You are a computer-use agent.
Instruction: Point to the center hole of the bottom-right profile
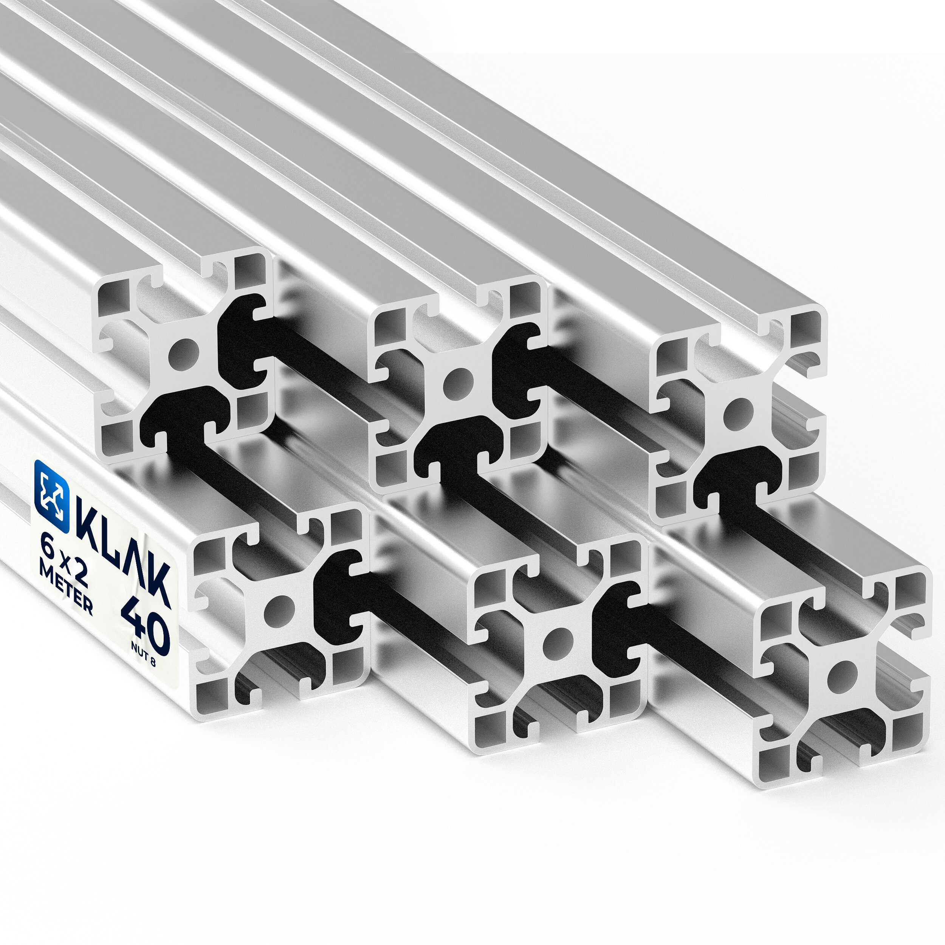click(x=842, y=678)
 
